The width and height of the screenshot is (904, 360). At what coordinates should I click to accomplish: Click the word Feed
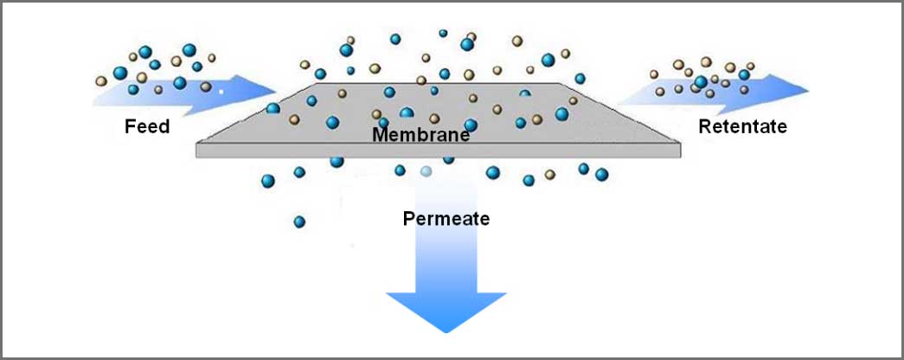[x=147, y=125]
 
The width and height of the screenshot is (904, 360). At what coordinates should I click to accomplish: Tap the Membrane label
[x=420, y=135]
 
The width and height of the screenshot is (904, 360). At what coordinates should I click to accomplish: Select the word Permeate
[x=446, y=219]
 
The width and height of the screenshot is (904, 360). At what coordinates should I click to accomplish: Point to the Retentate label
[x=742, y=126]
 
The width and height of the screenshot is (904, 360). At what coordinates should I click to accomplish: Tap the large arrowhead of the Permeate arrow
[x=446, y=311]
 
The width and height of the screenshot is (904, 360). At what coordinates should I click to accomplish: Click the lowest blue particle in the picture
[x=299, y=222]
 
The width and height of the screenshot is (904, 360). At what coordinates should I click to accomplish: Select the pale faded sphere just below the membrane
[x=426, y=170]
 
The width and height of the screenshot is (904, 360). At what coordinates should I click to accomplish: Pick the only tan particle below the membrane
[x=550, y=174]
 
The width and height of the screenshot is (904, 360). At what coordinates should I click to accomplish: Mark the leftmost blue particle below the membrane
[x=268, y=181]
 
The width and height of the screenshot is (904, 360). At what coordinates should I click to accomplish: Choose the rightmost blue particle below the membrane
[x=601, y=174]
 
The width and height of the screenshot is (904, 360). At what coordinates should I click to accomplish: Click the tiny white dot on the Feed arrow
[x=221, y=91]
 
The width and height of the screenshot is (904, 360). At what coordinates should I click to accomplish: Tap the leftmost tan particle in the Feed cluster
[x=101, y=80]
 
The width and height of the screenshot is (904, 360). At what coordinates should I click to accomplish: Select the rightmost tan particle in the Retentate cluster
[x=750, y=67]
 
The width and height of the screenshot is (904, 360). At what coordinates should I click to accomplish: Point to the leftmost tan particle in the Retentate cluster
[x=654, y=74]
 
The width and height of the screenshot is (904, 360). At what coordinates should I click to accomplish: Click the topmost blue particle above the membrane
[x=443, y=34]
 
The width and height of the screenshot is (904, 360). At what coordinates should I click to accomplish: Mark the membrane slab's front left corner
[x=196, y=157]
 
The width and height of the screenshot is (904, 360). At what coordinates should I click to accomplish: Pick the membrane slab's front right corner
[x=681, y=157]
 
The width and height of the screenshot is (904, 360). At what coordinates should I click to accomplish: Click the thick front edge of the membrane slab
[x=439, y=150]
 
